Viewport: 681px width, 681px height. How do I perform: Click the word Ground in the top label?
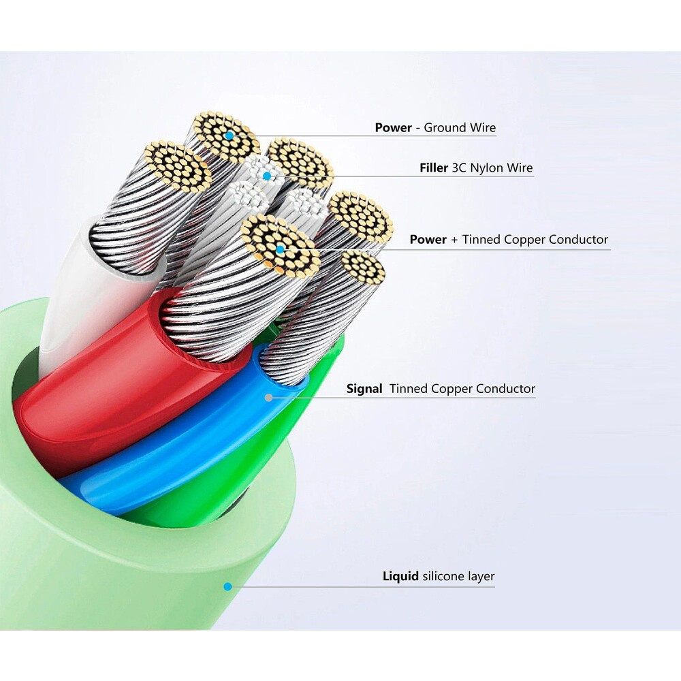click(x=445, y=127)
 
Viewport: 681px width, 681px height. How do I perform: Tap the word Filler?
click(x=434, y=168)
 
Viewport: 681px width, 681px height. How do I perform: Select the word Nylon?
click(x=486, y=168)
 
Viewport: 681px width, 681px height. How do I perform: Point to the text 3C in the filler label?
click(x=460, y=168)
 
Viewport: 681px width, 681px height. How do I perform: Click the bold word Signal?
click(x=364, y=389)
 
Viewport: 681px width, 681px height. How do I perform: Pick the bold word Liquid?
click(x=400, y=577)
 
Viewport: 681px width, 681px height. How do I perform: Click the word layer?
click(x=481, y=577)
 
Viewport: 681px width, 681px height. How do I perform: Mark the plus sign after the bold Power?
click(x=454, y=240)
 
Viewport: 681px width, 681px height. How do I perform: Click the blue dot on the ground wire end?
click(x=229, y=137)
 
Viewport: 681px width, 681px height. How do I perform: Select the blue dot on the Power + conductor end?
click(x=280, y=250)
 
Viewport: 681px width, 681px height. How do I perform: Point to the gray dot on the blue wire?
click(x=270, y=396)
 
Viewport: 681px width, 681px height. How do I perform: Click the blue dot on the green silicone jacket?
click(x=228, y=586)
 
